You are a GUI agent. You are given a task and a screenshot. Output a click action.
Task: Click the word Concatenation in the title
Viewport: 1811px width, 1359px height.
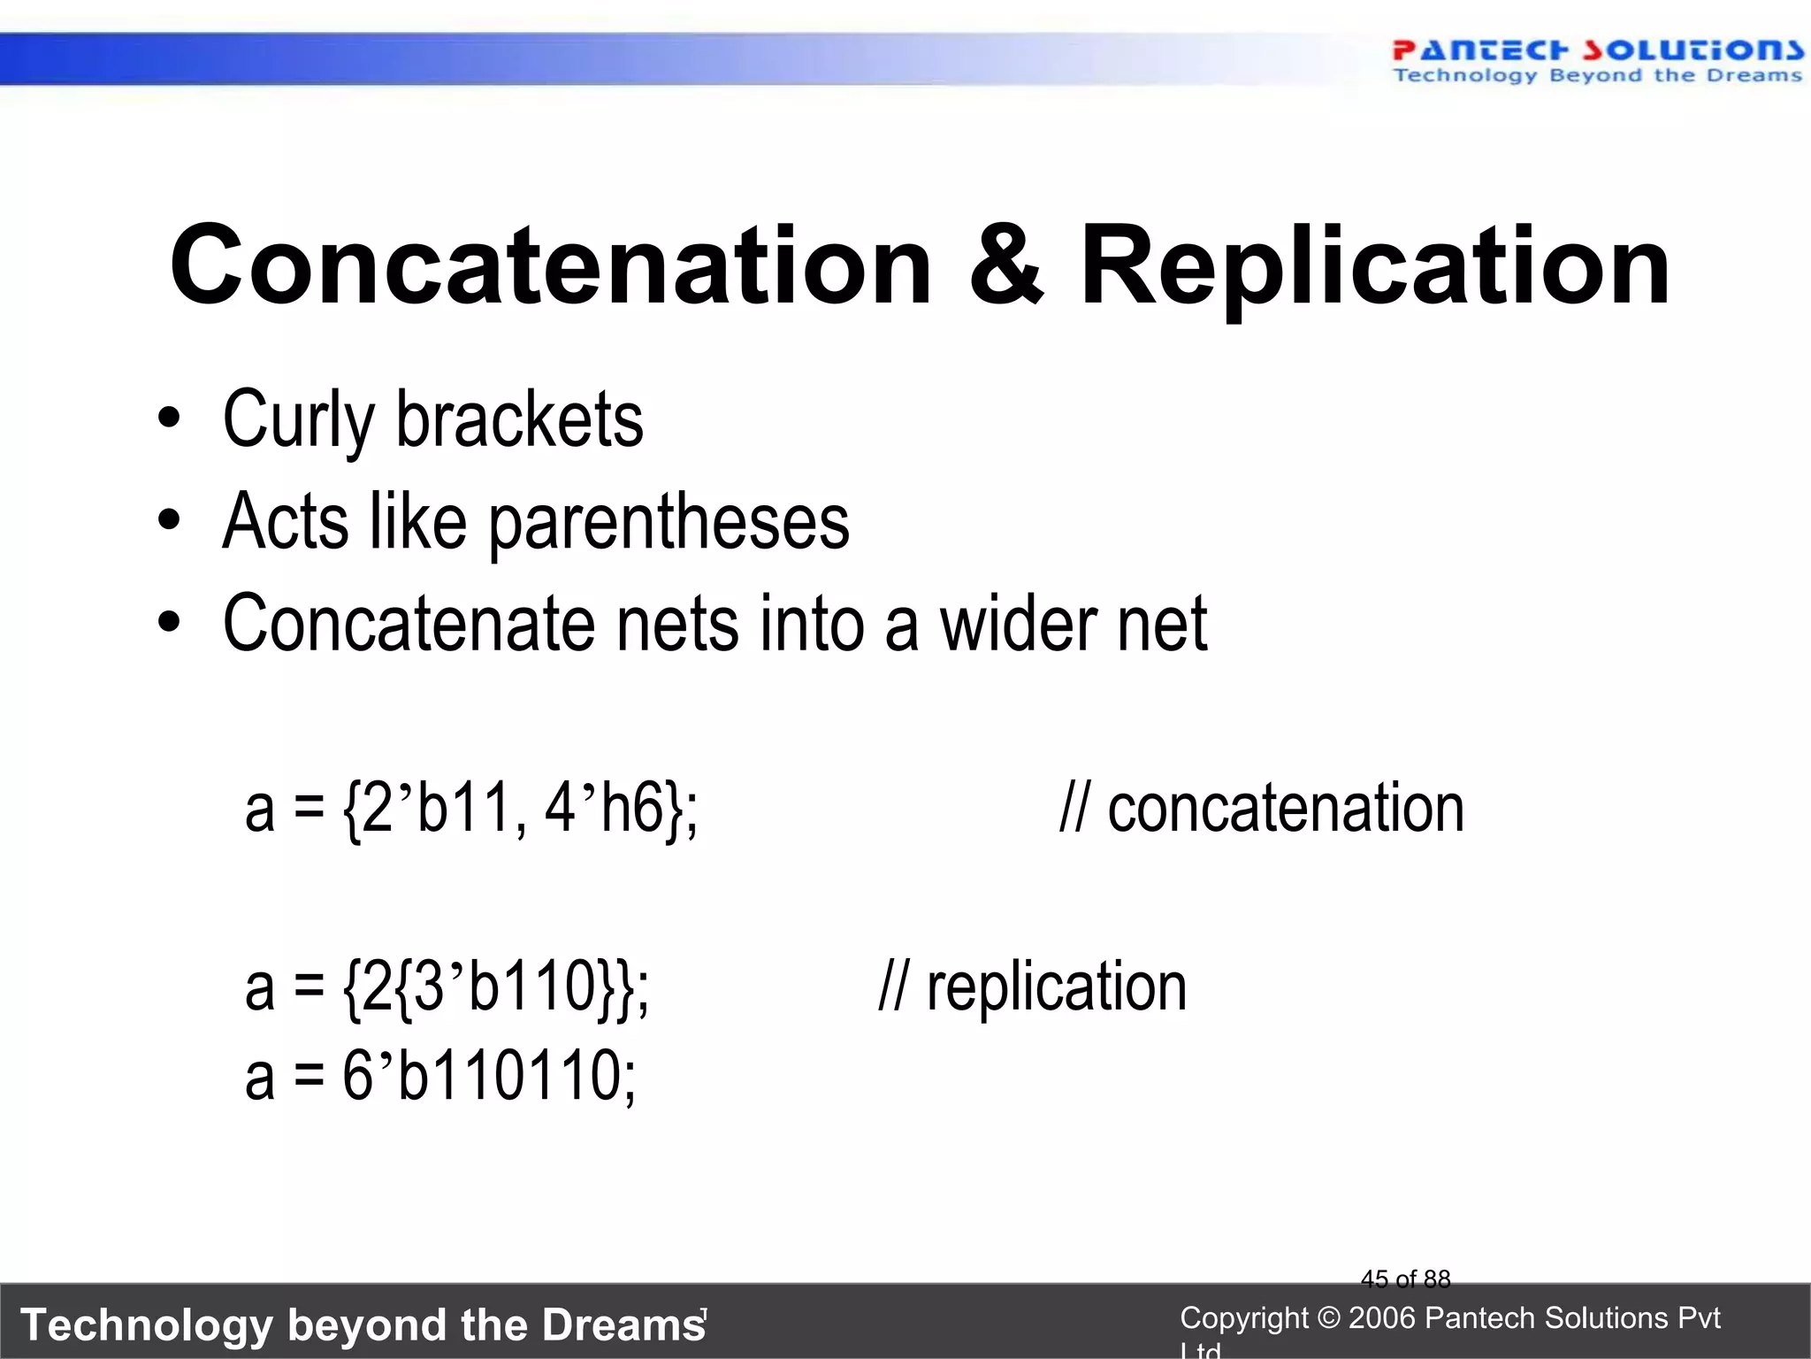(550, 265)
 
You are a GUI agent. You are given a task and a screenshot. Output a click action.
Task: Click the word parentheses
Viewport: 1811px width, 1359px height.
(669, 522)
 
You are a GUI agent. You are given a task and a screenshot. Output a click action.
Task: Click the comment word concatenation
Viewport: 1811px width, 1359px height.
(1286, 807)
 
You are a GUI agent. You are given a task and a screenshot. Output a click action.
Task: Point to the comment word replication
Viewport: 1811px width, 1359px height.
(1057, 986)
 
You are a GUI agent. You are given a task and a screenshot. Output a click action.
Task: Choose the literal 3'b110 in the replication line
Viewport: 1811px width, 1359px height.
(503, 986)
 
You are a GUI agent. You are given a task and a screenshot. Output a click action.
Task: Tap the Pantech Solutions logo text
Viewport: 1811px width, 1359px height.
(1597, 51)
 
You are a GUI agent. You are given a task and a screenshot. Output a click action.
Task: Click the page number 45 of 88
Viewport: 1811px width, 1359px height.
(1405, 1279)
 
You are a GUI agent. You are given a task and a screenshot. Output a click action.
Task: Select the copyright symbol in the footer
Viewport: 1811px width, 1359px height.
(1328, 1318)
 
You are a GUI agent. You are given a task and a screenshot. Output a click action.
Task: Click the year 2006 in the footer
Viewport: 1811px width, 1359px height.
(1383, 1318)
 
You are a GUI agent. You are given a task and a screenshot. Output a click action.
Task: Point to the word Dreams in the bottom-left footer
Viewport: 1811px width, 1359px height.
(623, 1324)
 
